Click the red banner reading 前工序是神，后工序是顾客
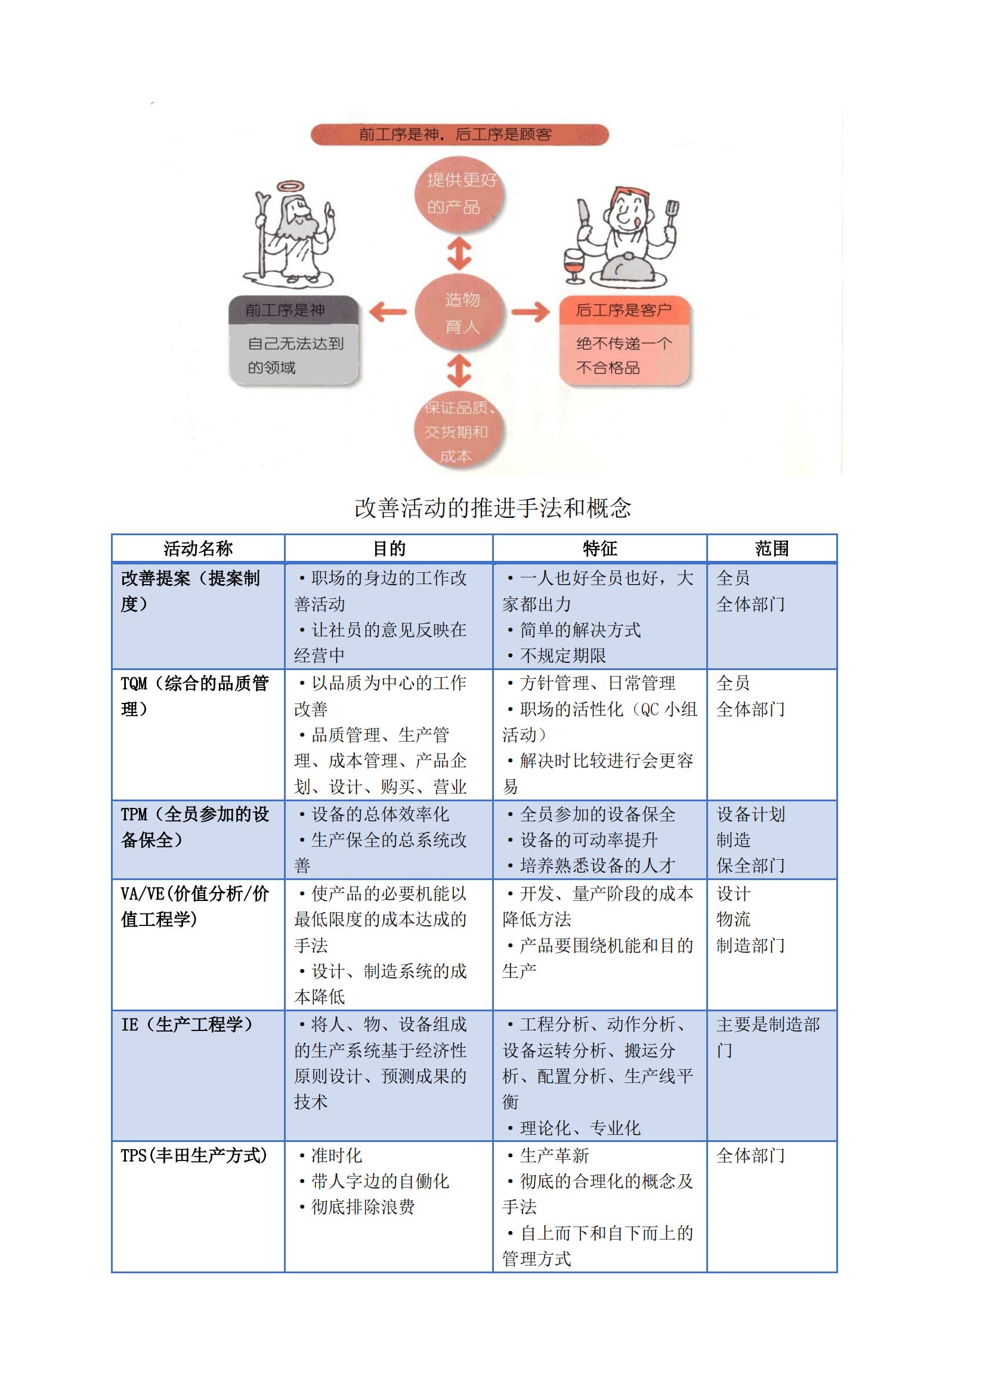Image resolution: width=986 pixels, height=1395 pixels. (x=459, y=134)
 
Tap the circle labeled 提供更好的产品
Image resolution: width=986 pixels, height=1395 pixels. (x=460, y=194)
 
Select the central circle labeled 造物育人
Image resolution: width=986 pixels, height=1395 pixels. (x=460, y=312)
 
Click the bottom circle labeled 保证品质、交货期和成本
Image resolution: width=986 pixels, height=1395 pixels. (x=460, y=430)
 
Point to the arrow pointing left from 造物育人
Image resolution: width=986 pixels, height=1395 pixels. (x=388, y=312)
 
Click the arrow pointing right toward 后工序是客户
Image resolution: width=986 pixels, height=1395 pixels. (x=530, y=312)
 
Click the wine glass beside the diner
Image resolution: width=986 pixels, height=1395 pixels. (x=573, y=265)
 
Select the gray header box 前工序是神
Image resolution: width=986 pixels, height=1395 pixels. (x=293, y=310)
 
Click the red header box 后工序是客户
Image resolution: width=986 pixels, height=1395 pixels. (x=624, y=310)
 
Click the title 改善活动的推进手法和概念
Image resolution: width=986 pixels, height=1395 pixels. (x=493, y=508)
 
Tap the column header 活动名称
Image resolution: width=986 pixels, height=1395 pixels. (x=198, y=549)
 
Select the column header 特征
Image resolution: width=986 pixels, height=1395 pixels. (x=599, y=549)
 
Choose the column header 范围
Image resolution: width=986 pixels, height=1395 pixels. (x=771, y=549)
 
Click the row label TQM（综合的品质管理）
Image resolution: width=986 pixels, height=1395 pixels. (x=194, y=696)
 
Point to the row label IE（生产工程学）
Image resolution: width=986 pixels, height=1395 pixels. (x=187, y=1025)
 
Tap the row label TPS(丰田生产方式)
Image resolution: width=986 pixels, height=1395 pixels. (x=194, y=1156)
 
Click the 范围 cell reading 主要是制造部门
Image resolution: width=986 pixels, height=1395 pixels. (x=768, y=1038)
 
